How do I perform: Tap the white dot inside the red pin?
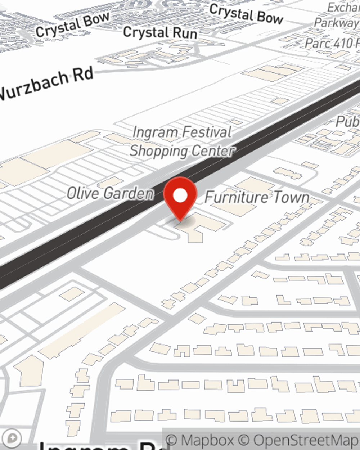click(180, 195)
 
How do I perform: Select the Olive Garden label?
click(111, 194)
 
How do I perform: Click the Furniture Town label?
click(257, 197)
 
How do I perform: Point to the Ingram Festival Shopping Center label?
click(182, 141)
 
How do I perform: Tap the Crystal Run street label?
click(160, 32)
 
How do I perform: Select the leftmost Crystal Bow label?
click(72, 24)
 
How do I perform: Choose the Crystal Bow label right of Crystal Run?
click(246, 14)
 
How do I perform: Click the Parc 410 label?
click(331, 44)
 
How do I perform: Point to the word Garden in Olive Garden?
click(129, 194)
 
